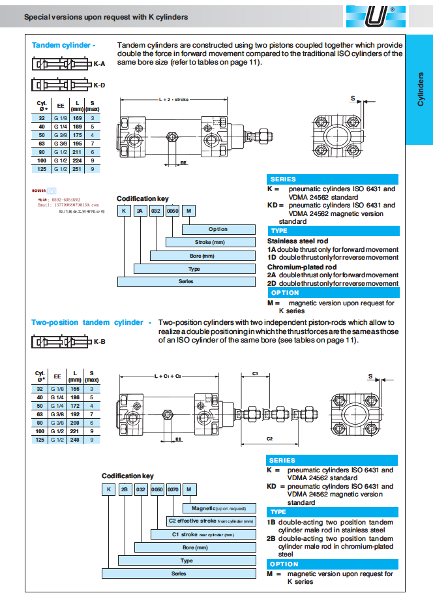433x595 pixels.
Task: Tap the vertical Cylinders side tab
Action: coord(419,91)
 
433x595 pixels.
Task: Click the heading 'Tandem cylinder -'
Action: coord(63,45)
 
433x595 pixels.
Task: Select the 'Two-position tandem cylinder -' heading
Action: coord(91,322)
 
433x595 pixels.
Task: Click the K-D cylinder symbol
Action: coord(60,85)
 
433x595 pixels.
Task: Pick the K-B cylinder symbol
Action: coord(60,341)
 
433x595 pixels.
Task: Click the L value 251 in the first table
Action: coord(78,168)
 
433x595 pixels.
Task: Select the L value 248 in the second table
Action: coord(78,440)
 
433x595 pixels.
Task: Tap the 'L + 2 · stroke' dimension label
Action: coord(173,100)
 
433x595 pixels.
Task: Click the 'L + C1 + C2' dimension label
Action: coord(168,376)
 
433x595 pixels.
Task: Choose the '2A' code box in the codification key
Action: coord(140,210)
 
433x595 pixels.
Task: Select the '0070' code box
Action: coord(173,489)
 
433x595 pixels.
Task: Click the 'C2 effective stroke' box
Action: coord(211,521)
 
